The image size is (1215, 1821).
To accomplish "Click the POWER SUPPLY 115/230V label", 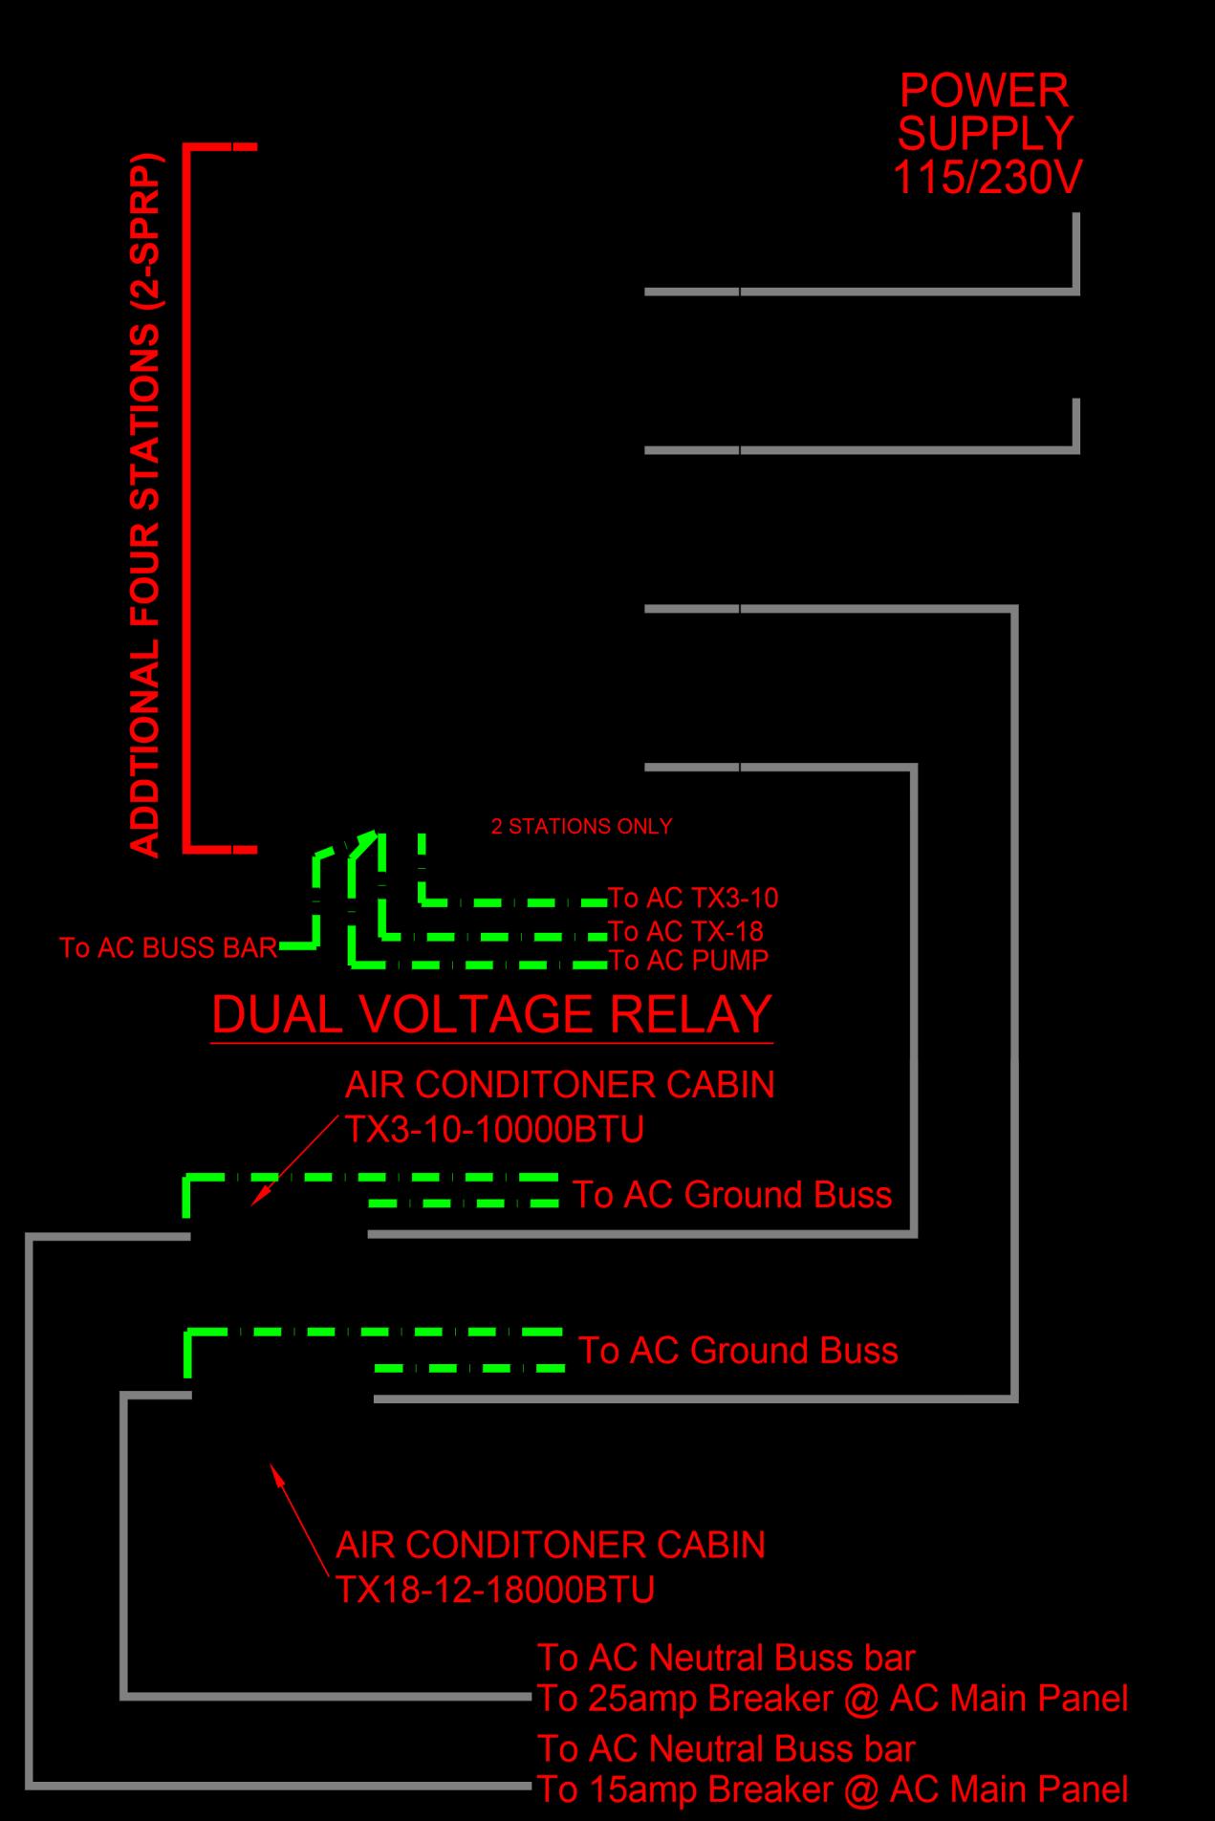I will point(986,134).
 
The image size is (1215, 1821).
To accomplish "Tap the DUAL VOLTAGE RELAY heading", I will point(491,1015).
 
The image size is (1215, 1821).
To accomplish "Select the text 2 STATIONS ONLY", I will point(581,827).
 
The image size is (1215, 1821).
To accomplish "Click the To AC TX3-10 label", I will point(693,899).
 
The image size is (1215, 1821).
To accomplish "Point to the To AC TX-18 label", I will point(685,931).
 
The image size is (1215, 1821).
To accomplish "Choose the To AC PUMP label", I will point(688,960).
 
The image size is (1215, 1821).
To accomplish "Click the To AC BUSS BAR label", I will point(168,947).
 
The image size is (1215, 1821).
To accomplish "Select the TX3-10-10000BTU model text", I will point(494,1130).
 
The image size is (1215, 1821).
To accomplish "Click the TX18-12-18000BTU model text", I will point(495,1590).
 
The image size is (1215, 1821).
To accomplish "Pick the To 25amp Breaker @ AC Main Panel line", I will point(832,1699).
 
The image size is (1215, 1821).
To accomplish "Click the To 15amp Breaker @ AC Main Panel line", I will point(832,1788).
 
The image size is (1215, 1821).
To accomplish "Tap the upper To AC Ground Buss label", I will point(732,1195).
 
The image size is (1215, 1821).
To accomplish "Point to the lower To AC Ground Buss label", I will point(738,1351).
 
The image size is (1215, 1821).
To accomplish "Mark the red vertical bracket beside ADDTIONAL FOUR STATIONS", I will point(188,497).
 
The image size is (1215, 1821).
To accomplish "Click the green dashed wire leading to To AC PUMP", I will point(478,965).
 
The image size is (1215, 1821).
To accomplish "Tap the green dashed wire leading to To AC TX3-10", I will point(516,901).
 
